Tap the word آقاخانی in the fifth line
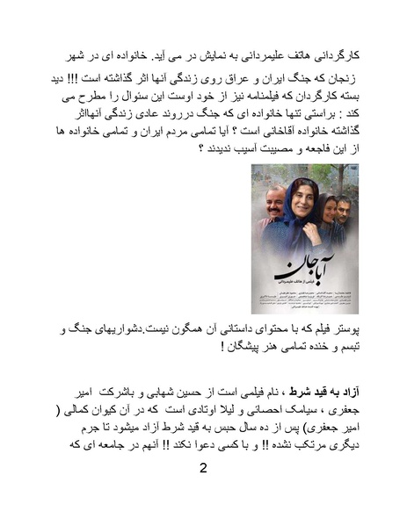tap(245, 130)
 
